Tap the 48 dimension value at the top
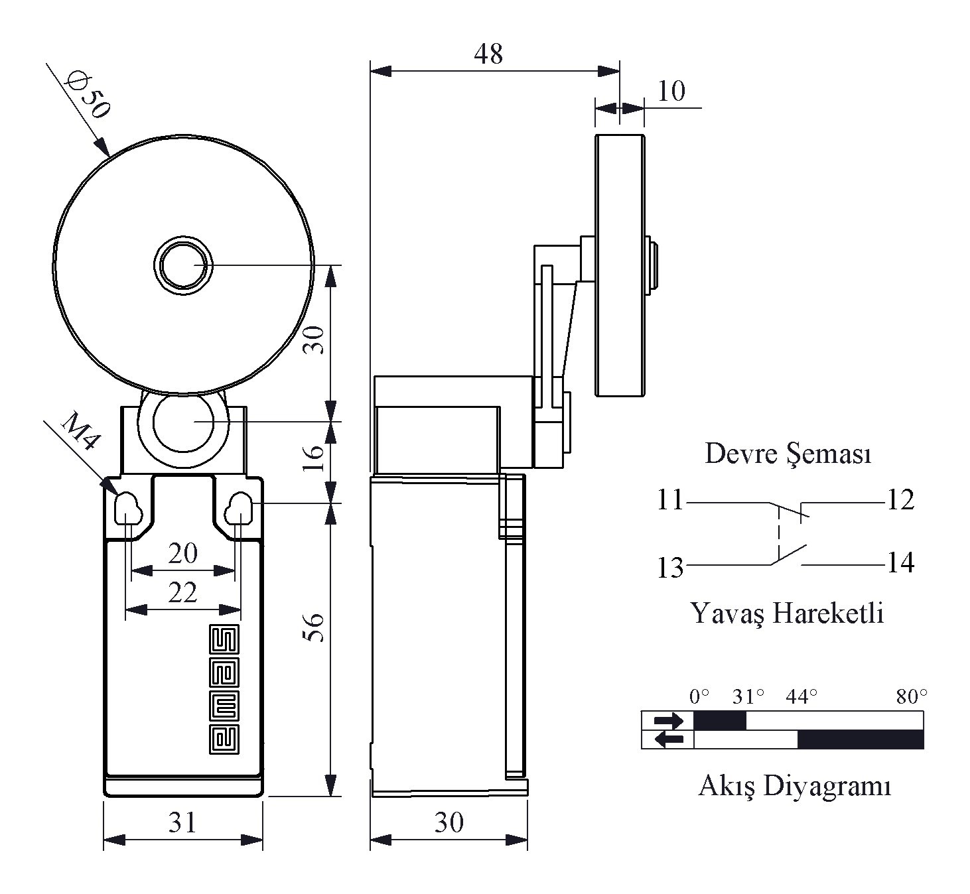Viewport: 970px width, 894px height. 488,54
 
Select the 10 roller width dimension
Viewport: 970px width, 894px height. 671,91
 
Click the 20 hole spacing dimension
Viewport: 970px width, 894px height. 182,553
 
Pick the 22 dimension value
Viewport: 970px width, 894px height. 182,592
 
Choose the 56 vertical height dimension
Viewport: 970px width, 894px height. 314,627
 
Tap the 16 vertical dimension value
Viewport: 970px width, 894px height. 314,458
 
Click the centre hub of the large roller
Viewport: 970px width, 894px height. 183,265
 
